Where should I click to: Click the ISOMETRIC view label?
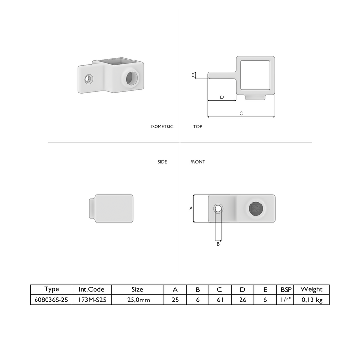[162, 127]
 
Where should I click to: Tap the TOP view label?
[197, 127]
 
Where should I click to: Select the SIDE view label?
[162, 162]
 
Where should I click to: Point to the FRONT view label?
[197, 162]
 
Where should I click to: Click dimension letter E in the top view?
[193, 75]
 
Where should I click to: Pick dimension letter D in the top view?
[221, 97]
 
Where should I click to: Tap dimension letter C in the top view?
[241, 113]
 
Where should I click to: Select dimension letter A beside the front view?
[191, 209]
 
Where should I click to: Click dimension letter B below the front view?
[218, 244]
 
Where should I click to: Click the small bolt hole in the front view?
[218, 208]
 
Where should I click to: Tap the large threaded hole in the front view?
[256, 208]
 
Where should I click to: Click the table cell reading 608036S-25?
[51, 299]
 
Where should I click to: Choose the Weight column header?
[312, 289]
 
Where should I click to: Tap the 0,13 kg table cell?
[312, 299]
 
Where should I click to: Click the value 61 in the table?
[219, 299]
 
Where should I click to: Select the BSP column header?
[286, 289]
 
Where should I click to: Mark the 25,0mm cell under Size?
[137, 299]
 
